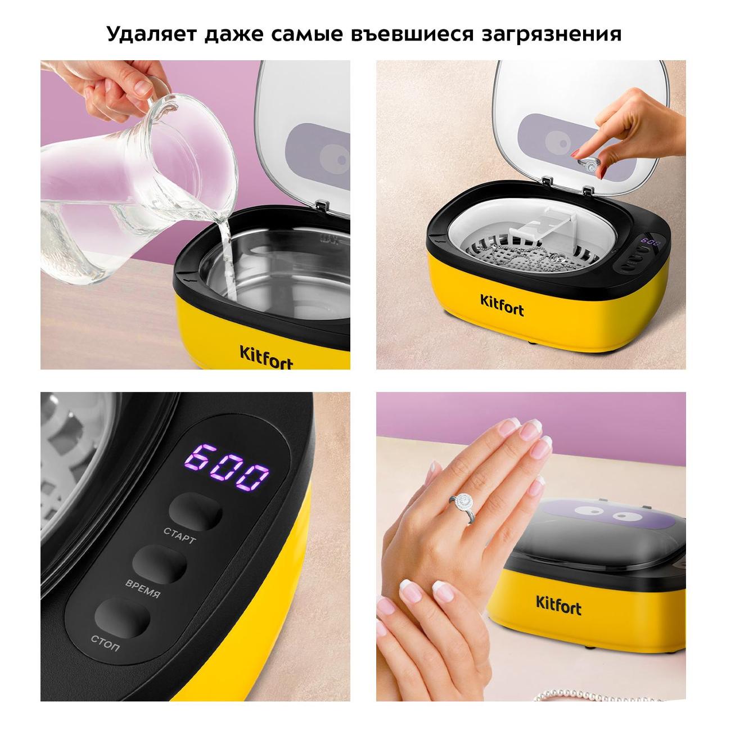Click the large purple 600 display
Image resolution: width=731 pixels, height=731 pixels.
(227, 467)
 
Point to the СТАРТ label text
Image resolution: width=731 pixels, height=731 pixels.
(180, 535)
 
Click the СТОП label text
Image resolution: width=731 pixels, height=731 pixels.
(105, 643)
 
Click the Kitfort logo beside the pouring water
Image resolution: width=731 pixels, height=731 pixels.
(267, 357)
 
